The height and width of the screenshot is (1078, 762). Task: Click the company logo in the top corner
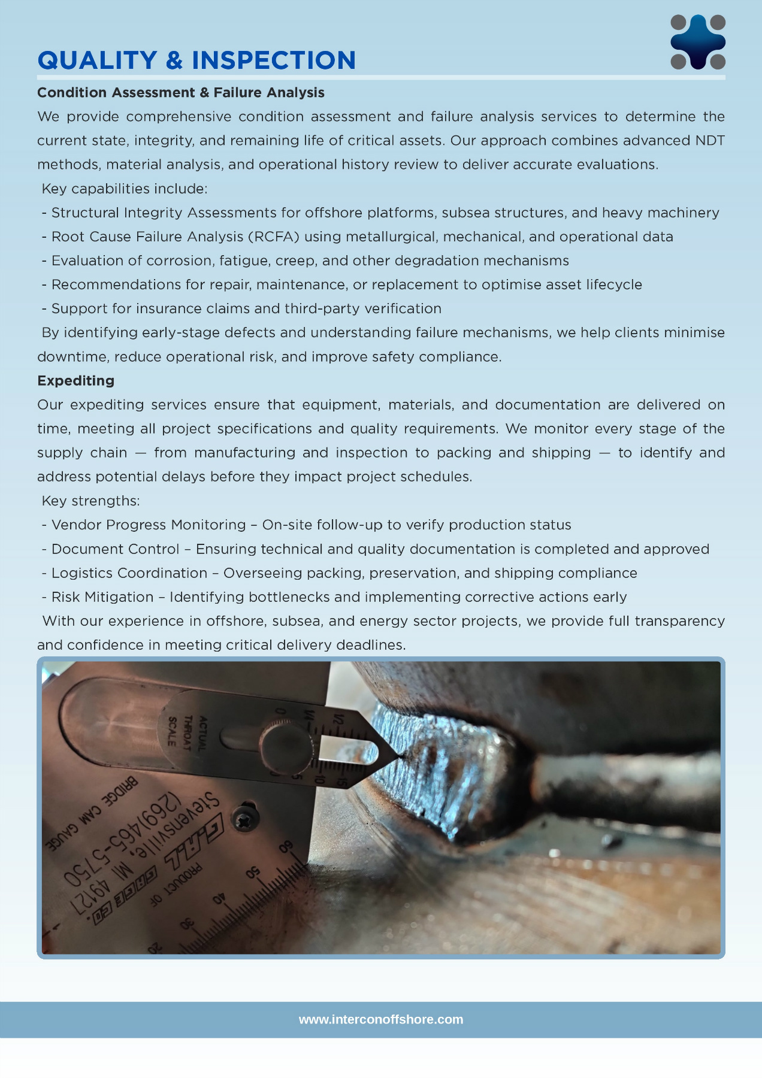698,42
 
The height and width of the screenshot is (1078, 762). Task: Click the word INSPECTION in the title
274,60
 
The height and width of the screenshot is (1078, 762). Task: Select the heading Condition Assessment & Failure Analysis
180,93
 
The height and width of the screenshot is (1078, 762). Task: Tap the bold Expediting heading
75,381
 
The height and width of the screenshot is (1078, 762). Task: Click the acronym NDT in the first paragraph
709,141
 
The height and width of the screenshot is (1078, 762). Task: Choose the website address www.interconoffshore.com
381,1019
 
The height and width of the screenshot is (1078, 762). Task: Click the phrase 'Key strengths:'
90,501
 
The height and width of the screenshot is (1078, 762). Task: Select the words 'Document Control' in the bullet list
115,549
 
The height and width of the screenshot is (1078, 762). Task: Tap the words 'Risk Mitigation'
102,597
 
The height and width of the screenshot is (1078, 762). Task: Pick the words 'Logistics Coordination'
129,573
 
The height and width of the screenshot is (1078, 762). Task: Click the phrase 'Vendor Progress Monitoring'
149,525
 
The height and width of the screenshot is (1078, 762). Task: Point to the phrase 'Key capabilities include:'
125,189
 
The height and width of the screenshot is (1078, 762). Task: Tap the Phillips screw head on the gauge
246,818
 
